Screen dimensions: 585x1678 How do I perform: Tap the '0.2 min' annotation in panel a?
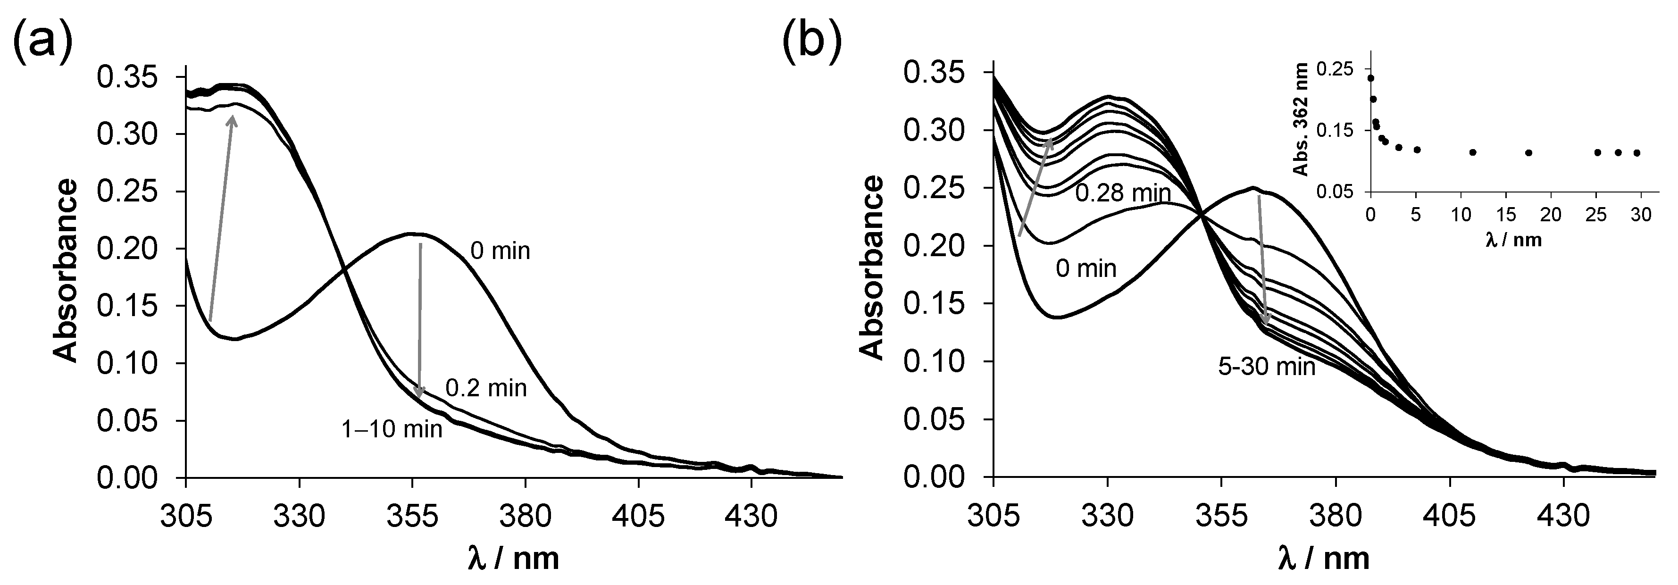point(486,389)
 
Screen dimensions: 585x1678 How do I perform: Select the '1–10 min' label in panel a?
point(392,429)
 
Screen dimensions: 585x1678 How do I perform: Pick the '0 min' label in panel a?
point(500,251)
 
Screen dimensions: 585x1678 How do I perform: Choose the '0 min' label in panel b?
point(1086,268)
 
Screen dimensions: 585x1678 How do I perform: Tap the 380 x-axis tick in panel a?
point(525,518)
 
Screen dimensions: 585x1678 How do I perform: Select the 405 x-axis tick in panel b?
point(1449,518)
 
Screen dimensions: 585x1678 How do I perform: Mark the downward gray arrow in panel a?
point(420,319)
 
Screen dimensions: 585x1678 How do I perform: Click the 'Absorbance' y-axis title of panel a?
point(65,271)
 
